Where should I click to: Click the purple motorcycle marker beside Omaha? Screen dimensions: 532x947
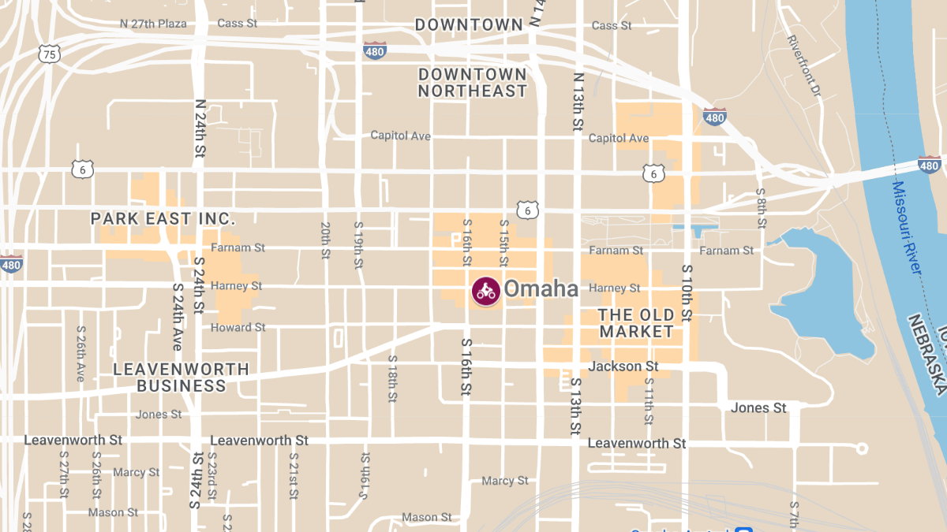[486, 291]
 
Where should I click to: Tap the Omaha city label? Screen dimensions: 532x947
[541, 289]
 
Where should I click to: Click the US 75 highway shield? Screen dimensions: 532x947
[49, 54]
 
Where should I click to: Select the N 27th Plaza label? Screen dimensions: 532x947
[153, 24]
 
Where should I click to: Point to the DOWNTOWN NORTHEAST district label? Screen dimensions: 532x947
[472, 82]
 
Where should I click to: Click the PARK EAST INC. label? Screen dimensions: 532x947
[163, 218]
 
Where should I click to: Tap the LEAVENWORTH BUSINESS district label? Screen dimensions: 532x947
[182, 378]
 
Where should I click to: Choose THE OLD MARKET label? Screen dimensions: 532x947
[636, 323]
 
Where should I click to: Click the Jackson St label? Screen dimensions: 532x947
[623, 366]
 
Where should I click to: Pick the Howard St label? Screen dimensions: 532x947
[238, 327]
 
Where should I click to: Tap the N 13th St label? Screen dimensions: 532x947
[578, 102]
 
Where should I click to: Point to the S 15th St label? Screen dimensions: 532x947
[503, 243]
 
